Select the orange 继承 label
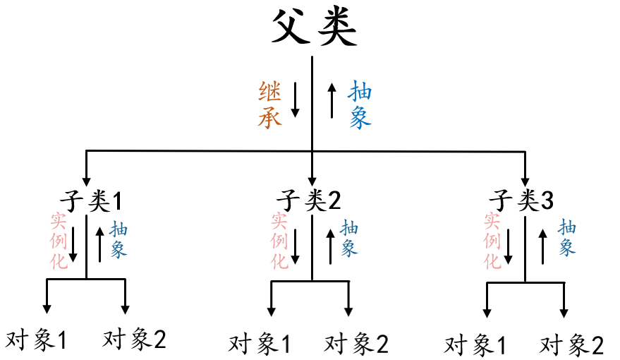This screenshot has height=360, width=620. pyautogui.click(x=270, y=104)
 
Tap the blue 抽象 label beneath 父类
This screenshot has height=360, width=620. pyautogui.click(x=360, y=104)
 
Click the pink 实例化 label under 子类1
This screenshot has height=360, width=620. pyautogui.click(x=59, y=241)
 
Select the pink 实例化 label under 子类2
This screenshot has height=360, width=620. pyautogui.click(x=280, y=241)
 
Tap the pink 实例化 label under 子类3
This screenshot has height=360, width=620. pyautogui.click(x=492, y=241)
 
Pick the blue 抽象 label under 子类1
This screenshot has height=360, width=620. pyautogui.click(x=118, y=241)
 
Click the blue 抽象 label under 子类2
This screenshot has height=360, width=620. pyautogui.click(x=349, y=238)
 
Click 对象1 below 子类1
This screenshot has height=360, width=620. pyautogui.click(x=36, y=340)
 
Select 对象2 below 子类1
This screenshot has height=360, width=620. pyautogui.click(x=134, y=340)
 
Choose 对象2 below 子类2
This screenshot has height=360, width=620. pyautogui.click(x=356, y=344)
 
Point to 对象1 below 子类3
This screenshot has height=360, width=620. pyautogui.click(x=475, y=346)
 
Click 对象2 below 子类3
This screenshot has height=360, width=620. pyautogui.click(x=572, y=346)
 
